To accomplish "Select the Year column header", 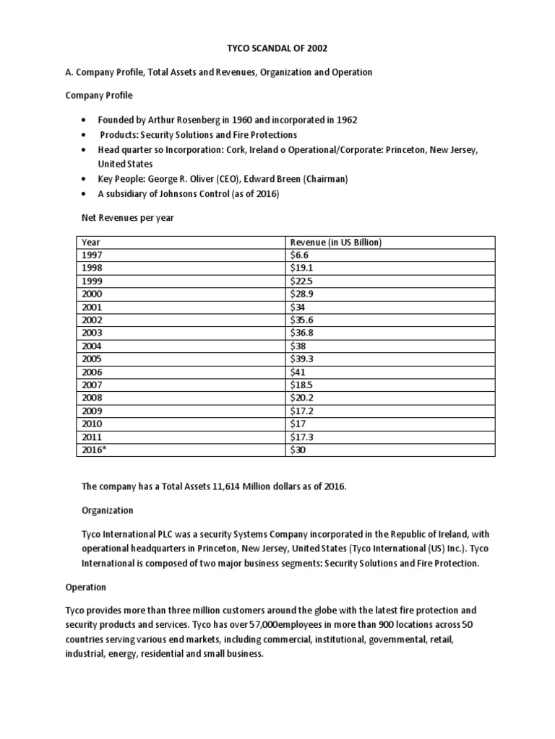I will pyautogui.click(x=91, y=242).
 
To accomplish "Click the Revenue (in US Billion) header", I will pyautogui.click(x=335, y=242).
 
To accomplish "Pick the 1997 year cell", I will pyautogui.click(x=92, y=255).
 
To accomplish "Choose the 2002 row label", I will pyautogui.click(x=92, y=320).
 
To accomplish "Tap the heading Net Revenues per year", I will pyautogui.click(x=128, y=217).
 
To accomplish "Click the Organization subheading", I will pyautogui.click(x=108, y=510).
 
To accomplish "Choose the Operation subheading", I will pyautogui.click(x=86, y=587).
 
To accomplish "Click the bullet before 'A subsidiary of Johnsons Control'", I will pyautogui.click(x=85, y=194).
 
